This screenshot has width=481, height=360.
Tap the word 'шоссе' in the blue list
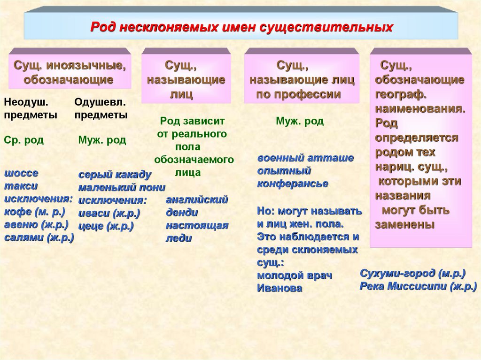21,173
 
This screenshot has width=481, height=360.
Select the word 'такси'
21,186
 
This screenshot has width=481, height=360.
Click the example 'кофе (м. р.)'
35,212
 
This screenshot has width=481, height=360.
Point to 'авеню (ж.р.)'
37,224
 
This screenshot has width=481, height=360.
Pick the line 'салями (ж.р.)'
39,237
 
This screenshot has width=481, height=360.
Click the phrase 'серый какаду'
115,175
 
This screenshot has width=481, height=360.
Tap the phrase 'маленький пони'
122,188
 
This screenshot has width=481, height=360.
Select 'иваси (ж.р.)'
109,213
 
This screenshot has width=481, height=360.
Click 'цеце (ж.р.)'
106,226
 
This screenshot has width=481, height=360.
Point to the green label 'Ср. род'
23,140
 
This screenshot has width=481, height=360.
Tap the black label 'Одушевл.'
100,101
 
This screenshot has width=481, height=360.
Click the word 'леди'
179,238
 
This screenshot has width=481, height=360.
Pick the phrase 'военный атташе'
305,158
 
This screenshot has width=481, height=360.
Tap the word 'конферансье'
292,184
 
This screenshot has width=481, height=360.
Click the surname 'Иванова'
279,288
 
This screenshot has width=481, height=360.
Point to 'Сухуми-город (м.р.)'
412,273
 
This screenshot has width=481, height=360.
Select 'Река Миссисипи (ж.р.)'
419,286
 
